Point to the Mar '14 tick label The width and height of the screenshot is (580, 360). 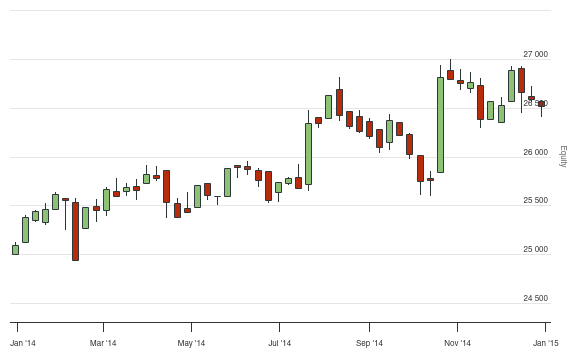[x=104, y=343]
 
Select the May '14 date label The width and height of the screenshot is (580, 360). [x=191, y=343]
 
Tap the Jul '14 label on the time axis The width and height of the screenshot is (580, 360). [x=280, y=343]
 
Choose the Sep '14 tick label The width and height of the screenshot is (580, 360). [x=369, y=343]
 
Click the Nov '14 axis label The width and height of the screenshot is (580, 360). [x=458, y=343]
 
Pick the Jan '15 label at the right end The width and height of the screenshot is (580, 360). [x=546, y=343]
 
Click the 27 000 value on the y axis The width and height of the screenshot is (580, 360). [x=536, y=54]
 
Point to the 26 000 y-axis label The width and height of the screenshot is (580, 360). [x=536, y=152]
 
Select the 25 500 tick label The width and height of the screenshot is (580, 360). [x=536, y=201]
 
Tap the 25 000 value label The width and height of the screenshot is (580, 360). [x=536, y=249]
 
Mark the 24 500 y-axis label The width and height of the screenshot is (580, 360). [x=536, y=298]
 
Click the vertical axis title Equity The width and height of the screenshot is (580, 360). [x=563, y=156]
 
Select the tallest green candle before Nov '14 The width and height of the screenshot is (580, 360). [x=440, y=125]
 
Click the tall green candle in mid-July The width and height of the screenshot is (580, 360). [x=308, y=154]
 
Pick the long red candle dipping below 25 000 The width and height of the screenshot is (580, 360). [x=75, y=231]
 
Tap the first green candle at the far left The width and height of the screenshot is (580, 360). [x=15, y=249]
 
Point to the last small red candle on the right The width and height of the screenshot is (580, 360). [x=541, y=103]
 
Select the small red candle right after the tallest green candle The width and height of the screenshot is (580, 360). [x=450, y=75]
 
